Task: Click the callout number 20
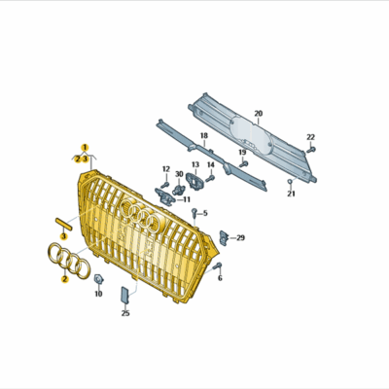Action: tap(259, 114)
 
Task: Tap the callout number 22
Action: tap(311, 137)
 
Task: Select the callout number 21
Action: tap(290, 194)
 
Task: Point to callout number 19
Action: tap(241, 154)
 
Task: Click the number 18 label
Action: tap(204, 136)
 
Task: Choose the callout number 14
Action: tap(210, 165)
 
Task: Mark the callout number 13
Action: tap(194, 165)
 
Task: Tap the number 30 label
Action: tap(179, 175)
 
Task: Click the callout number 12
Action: tap(165, 168)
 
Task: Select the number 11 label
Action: tap(186, 199)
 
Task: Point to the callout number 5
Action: tap(205, 213)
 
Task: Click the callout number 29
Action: tap(240, 237)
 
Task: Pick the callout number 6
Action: tap(219, 279)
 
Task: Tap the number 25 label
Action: tap(124, 313)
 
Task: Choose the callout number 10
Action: tap(97, 292)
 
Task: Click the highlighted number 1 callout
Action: tap(85, 147)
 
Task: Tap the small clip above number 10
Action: tap(98, 278)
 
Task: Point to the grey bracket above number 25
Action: tap(124, 295)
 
